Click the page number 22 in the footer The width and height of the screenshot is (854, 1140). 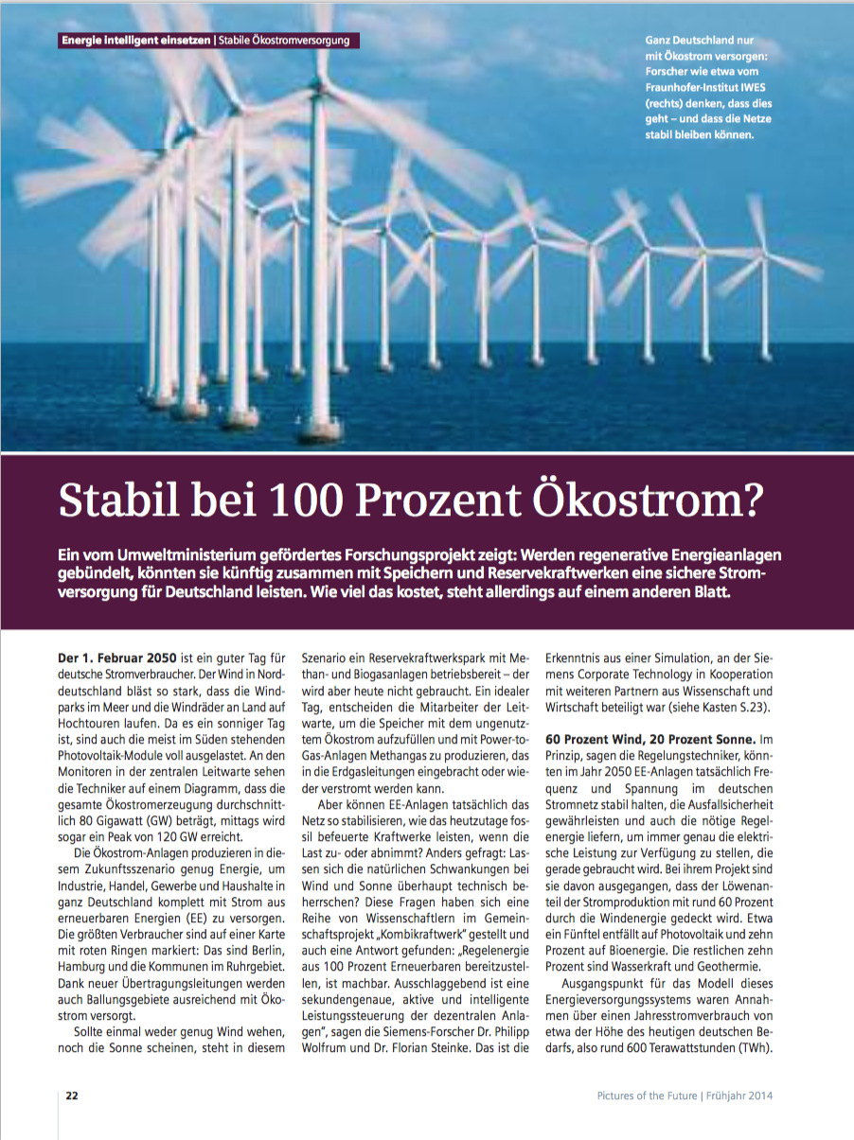72,1096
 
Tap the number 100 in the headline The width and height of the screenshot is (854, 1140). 300,500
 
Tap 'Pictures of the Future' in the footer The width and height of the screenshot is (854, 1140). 647,1096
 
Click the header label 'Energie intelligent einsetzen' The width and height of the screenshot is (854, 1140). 134,41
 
